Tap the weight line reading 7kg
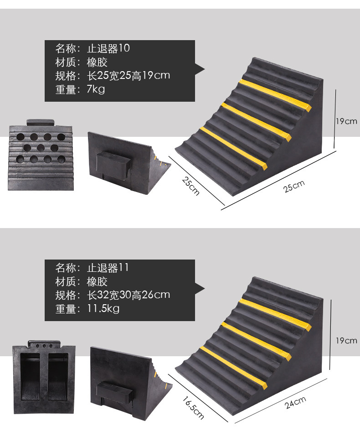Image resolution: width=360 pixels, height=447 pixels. pos(95,89)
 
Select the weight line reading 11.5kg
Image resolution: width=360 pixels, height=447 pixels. pos(103,309)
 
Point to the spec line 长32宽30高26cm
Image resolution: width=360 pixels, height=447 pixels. pos(128,295)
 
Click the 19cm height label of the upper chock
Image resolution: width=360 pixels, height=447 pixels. pos(346,121)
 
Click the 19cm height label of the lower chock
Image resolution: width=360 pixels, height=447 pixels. pos(346,341)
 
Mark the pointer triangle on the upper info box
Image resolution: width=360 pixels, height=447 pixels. pos(200,70)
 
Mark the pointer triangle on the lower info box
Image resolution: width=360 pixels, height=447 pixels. pos(200,290)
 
